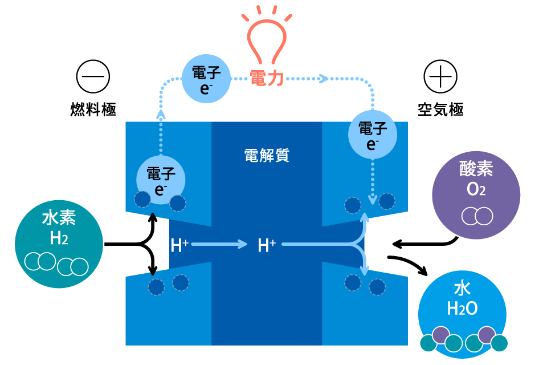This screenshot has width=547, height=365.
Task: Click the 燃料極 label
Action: tap(93, 109)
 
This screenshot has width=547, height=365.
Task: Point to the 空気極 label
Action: tap(440, 109)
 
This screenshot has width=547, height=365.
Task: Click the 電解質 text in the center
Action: tap(267, 155)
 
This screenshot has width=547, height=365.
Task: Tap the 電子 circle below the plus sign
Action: tap(373, 135)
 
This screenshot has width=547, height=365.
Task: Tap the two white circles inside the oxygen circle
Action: tap(476, 216)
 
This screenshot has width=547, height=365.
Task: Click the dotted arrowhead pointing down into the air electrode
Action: tap(373, 200)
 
